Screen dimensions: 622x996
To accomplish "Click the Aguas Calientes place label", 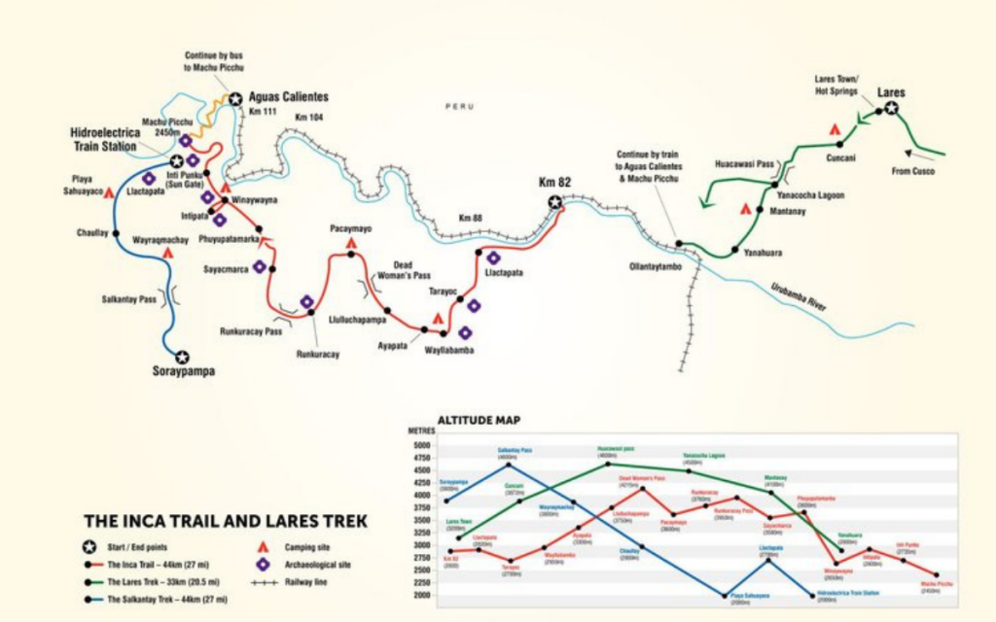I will (289, 97).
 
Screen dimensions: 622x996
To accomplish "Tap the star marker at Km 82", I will (554, 202).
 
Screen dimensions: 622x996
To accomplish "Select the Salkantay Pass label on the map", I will (129, 299).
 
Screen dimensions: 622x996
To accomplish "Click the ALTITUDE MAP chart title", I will (478, 421).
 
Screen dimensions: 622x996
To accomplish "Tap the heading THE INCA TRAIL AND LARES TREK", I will (226, 521).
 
